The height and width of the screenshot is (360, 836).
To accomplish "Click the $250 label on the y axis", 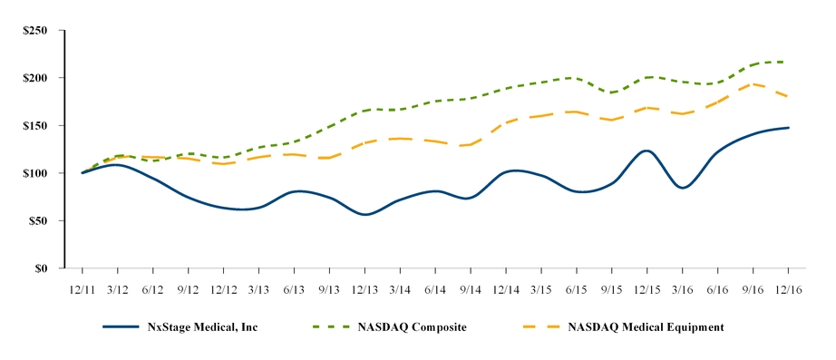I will coord(35,30).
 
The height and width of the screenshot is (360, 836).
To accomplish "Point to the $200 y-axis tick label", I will coord(35,78).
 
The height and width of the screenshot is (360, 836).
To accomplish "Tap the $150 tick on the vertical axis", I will coord(35,125).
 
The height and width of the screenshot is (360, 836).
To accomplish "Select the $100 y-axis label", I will coord(35,173).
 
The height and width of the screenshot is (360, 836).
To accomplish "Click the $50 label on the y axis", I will coord(38,220).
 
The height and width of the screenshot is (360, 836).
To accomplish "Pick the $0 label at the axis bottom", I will coord(42,268).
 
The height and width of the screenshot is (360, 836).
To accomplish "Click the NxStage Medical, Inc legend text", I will coord(204,326).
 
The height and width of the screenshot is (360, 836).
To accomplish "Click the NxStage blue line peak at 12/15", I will coord(646,151).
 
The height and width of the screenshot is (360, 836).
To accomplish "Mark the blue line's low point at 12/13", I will coord(365,215).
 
